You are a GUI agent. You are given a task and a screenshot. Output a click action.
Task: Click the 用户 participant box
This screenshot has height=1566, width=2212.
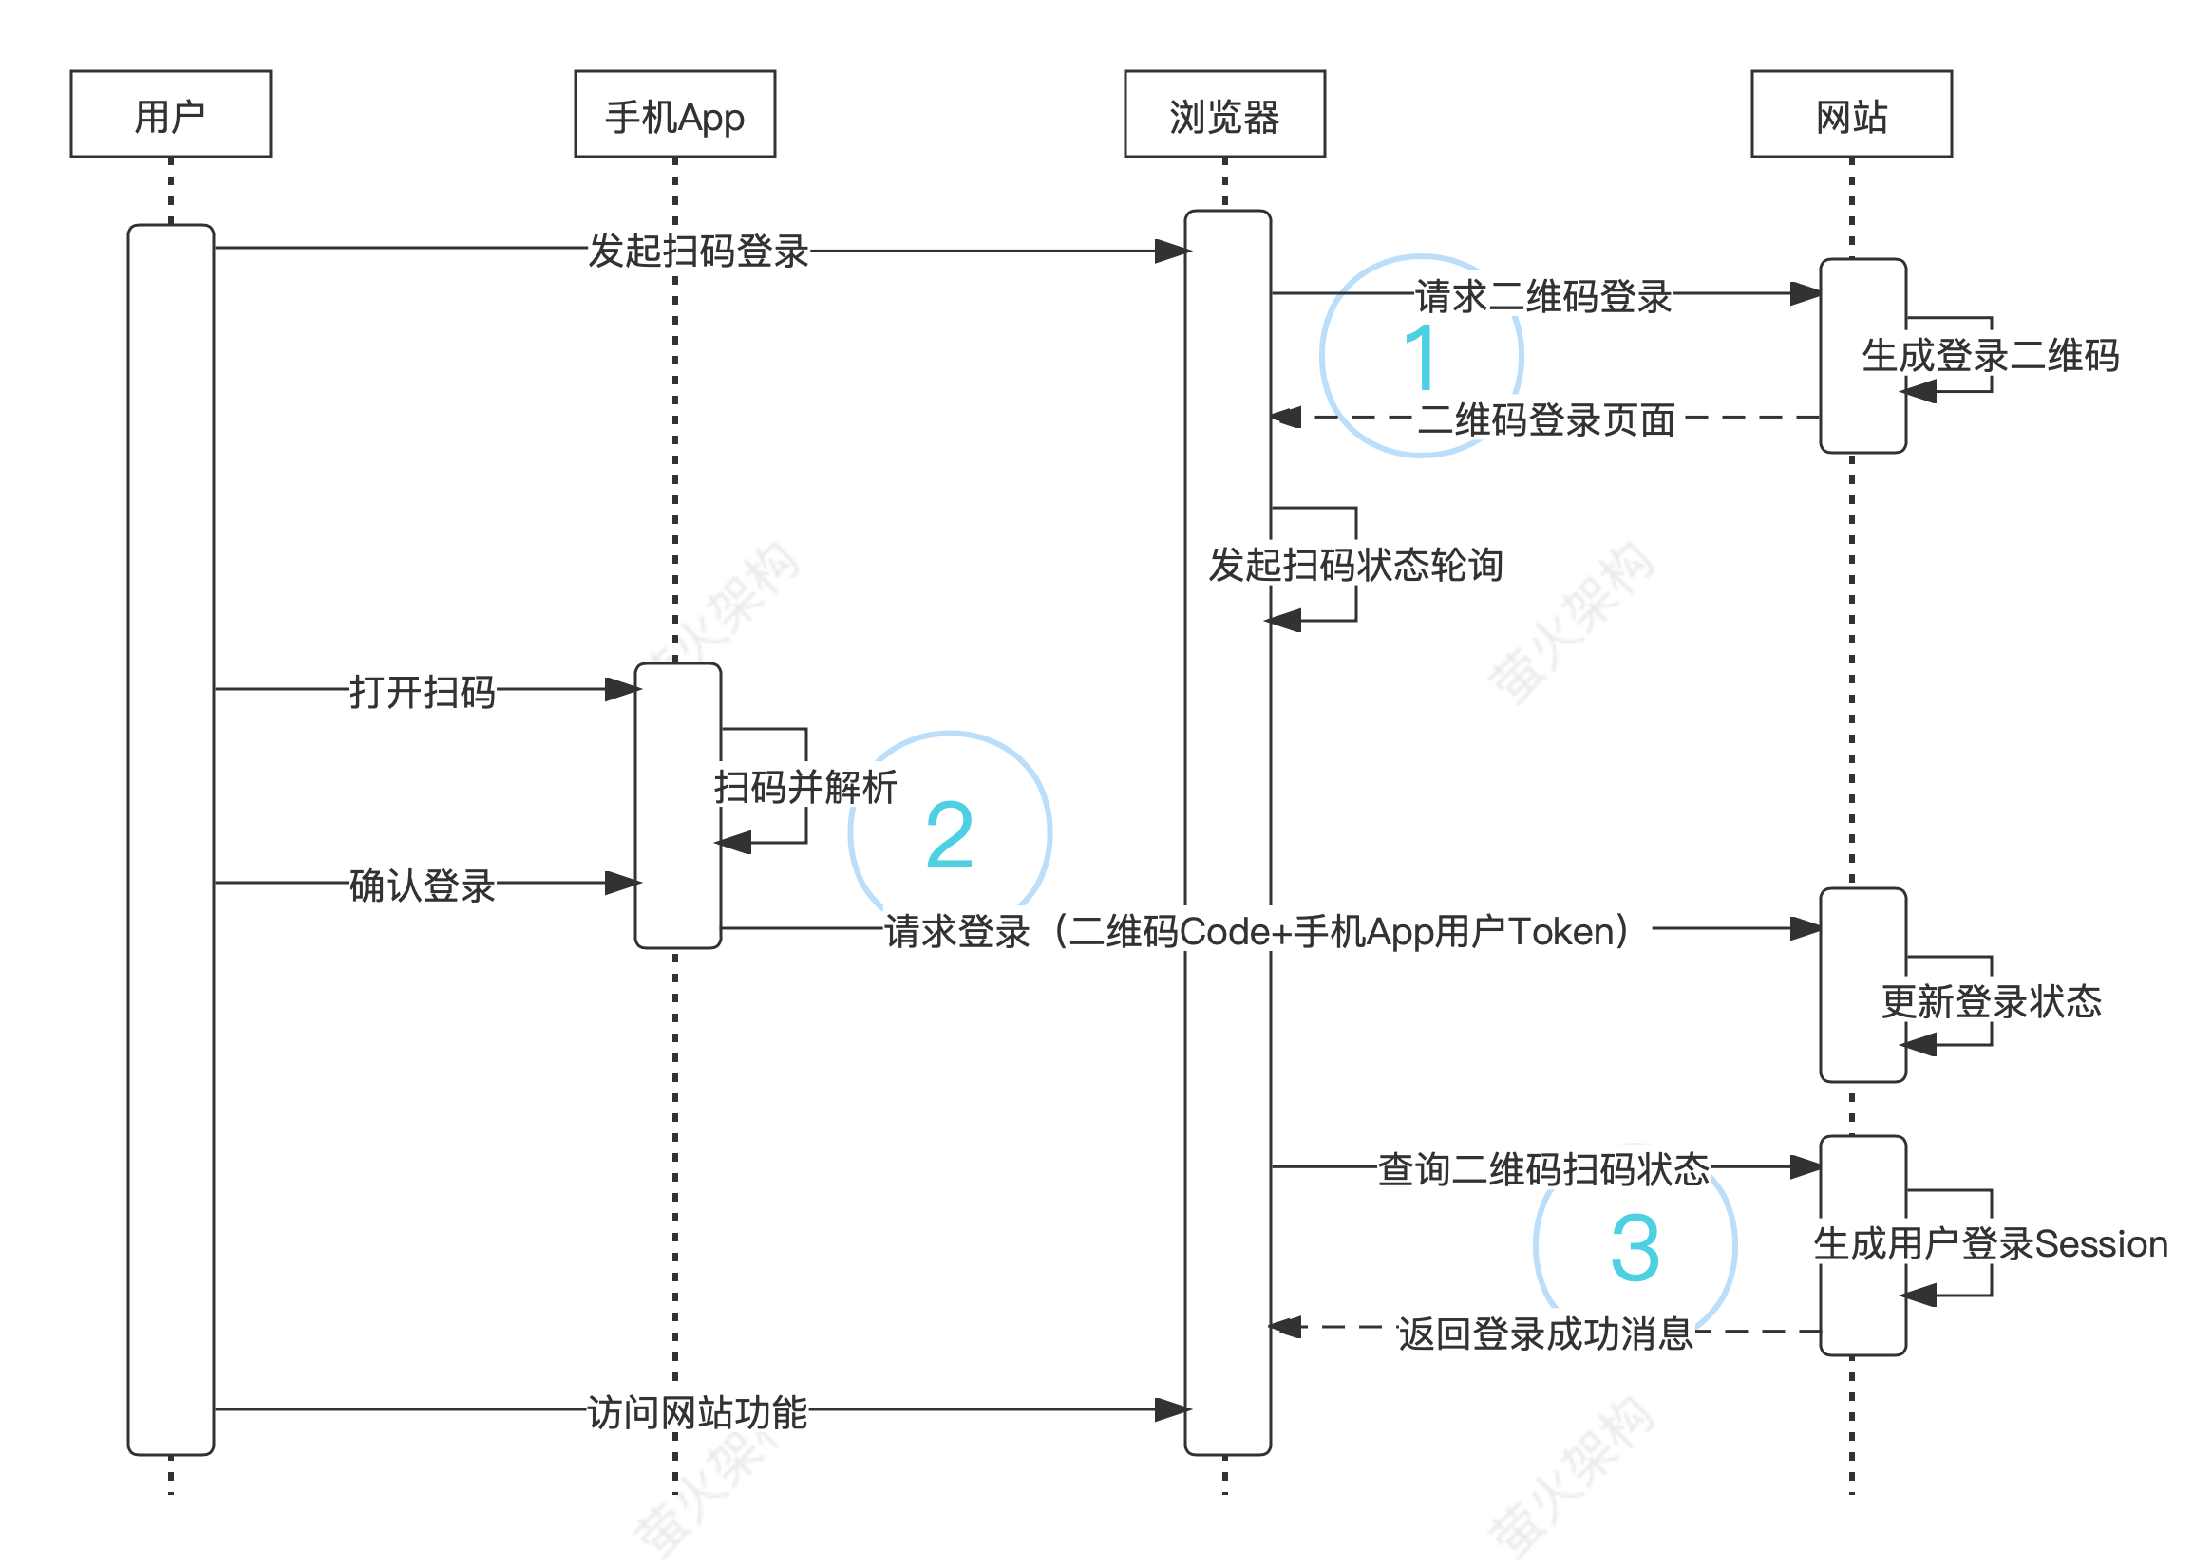(x=171, y=114)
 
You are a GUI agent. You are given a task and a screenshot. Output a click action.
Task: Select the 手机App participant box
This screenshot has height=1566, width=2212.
(x=674, y=114)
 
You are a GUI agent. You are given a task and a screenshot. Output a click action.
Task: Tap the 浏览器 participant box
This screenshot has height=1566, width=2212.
(x=1224, y=114)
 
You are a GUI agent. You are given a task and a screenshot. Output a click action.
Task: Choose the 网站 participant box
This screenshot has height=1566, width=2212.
(x=1851, y=114)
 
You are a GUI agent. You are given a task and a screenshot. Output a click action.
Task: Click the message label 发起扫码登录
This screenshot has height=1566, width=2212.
(x=698, y=251)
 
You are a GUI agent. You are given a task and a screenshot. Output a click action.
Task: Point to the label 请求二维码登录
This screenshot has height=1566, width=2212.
(x=1543, y=296)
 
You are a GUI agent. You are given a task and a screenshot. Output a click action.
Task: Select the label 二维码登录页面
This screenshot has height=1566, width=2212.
(x=1546, y=419)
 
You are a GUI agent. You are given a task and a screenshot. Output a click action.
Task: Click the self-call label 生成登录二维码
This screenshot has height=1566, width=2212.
(x=1989, y=355)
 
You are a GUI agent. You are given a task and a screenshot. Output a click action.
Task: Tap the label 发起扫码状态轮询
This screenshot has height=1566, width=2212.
(x=1355, y=565)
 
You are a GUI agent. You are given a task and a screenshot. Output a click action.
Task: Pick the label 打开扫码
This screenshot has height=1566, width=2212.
(x=423, y=691)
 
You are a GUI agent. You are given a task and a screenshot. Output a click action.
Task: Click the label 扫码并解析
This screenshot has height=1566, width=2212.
(x=805, y=787)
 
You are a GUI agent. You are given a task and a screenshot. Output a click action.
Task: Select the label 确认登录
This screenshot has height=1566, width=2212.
(x=423, y=885)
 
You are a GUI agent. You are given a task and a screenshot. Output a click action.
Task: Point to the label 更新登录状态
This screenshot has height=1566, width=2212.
(x=1991, y=1001)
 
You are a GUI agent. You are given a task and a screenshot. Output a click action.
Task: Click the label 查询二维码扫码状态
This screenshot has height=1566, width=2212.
(x=1543, y=1168)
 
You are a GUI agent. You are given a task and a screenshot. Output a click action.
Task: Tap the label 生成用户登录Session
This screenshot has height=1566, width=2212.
(x=1991, y=1244)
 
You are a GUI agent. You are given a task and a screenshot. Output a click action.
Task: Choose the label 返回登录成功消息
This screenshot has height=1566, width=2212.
(x=1546, y=1333)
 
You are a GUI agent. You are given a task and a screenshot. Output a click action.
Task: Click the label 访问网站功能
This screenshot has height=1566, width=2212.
(x=697, y=1411)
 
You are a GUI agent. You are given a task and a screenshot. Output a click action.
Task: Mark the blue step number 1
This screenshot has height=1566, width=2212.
(x=1421, y=357)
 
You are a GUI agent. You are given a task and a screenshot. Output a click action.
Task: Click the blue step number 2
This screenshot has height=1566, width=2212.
(x=949, y=835)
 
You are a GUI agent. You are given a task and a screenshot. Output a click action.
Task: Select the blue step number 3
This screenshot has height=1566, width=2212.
(x=1635, y=1248)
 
